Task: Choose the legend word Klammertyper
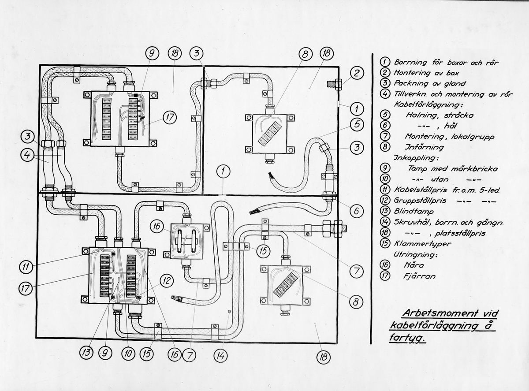click(416, 244)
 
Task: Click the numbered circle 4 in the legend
click(385, 94)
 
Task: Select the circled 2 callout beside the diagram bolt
click(357, 72)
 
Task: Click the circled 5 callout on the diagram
click(357, 124)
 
